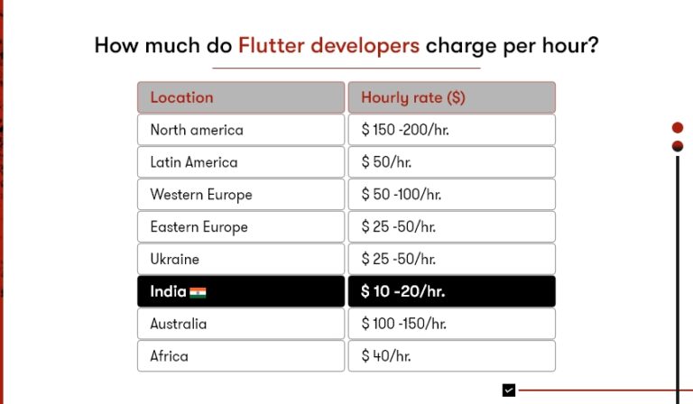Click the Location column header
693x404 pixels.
pos(240,97)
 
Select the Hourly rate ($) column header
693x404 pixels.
pos(451,97)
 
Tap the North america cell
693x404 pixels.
pos(240,130)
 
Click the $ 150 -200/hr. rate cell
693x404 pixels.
pos(451,130)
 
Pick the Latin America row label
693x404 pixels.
pos(240,162)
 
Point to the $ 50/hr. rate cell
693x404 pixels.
pos(451,162)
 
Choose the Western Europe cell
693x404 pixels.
pos(240,195)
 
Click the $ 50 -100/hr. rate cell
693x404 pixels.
pos(451,195)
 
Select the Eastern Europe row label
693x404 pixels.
pos(240,227)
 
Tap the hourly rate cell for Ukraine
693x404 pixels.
pos(451,260)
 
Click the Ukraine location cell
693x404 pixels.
pos(240,260)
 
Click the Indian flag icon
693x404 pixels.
pos(198,292)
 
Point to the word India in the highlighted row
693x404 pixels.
pos(168,292)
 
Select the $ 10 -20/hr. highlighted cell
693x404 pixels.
pos(451,292)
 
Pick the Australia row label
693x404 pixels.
pos(240,324)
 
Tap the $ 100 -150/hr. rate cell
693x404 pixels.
pos(451,324)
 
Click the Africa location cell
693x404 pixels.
pos(240,356)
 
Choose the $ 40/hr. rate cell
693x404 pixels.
pos(451,356)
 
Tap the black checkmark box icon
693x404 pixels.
pos(509,390)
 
